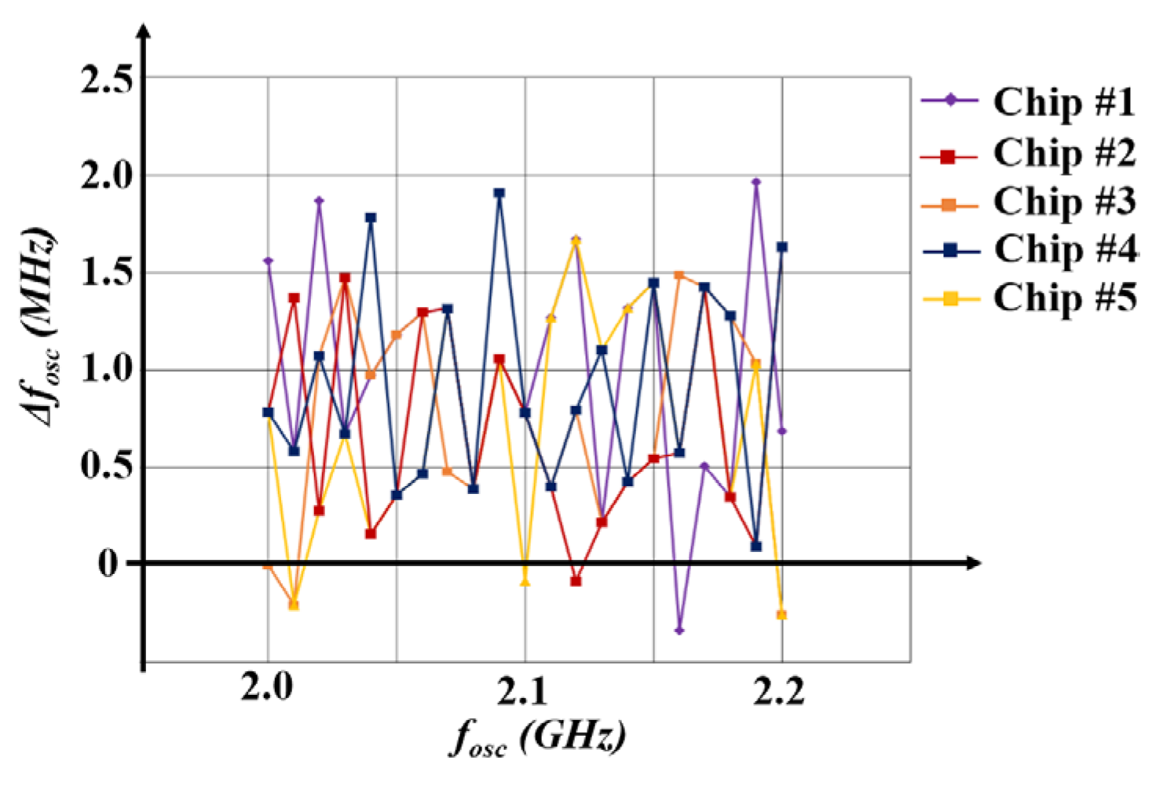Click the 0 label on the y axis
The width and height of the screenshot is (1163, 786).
pos(107,564)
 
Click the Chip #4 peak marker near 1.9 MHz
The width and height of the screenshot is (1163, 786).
pos(499,193)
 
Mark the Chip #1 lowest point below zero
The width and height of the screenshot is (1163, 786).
pos(679,631)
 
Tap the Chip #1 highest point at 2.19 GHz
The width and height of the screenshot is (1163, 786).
pos(756,182)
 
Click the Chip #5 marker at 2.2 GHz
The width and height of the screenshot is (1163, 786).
pos(781,615)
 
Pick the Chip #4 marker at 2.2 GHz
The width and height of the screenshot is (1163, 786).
pos(782,247)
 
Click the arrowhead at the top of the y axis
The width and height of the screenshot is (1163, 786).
pos(143,33)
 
